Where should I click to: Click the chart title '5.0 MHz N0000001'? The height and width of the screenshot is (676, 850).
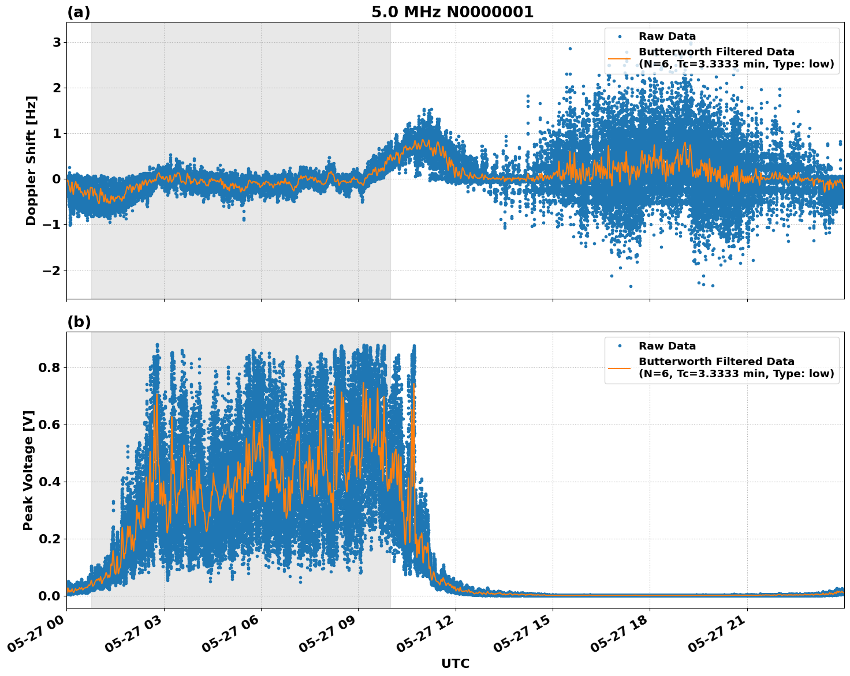pos(452,12)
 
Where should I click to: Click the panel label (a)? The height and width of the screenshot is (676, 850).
pos(79,12)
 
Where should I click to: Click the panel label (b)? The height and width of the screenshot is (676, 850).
pos(79,322)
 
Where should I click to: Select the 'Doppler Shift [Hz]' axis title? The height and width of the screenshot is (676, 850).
pos(31,160)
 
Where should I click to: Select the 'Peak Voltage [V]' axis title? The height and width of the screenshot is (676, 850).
pos(28,470)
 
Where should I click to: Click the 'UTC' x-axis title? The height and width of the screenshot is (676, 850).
pos(455,663)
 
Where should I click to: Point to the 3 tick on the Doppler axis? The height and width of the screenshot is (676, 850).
pos(57,43)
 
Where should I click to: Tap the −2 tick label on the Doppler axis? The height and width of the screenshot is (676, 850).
pos(53,271)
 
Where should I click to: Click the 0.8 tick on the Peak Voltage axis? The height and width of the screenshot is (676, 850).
pos(50,368)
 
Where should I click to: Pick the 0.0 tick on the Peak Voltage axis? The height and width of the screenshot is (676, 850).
pos(50,596)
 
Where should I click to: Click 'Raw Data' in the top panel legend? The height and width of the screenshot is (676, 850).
pos(667,36)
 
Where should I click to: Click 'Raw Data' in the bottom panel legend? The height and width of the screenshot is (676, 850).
pos(667,346)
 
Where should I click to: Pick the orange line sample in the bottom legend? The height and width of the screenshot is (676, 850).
pos(619,367)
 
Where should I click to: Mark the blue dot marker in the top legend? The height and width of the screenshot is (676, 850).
pos(619,36)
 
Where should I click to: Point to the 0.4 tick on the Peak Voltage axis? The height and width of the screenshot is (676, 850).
pos(50,482)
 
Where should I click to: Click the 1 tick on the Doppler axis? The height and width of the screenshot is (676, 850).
pos(57,134)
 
